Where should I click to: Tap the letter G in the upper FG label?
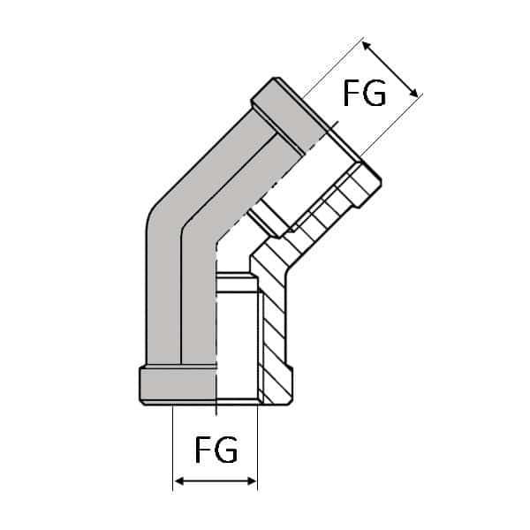pyautogui.click(x=375, y=93)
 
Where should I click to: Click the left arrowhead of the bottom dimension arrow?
pyautogui.click(x=178, y=481)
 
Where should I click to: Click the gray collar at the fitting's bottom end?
pyautogui.click(x=177, y=384)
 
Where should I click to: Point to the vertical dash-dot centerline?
pyautogui.click(x=216, y=336)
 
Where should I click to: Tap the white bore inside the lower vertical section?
pyautogui.click(x=237, y=344)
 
